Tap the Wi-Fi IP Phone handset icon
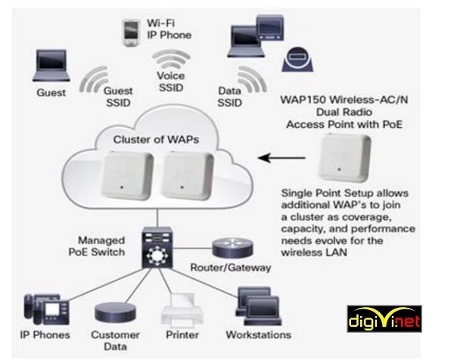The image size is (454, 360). coord(129,29)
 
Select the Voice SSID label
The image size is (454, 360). coord(170,82)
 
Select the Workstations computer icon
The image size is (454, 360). coord(250,306)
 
